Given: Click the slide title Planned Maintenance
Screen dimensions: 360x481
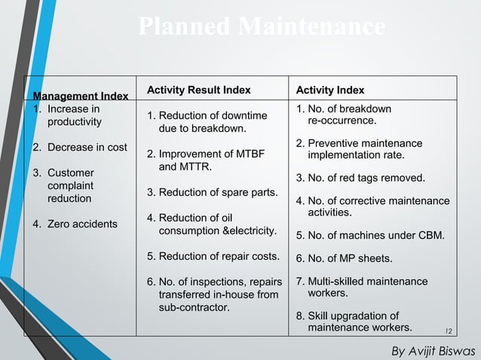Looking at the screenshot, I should click(x=262, y=27).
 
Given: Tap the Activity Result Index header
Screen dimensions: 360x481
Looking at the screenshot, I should click(x=199, y=90).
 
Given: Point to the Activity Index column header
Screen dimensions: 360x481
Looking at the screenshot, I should click(x=330, y=90).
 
